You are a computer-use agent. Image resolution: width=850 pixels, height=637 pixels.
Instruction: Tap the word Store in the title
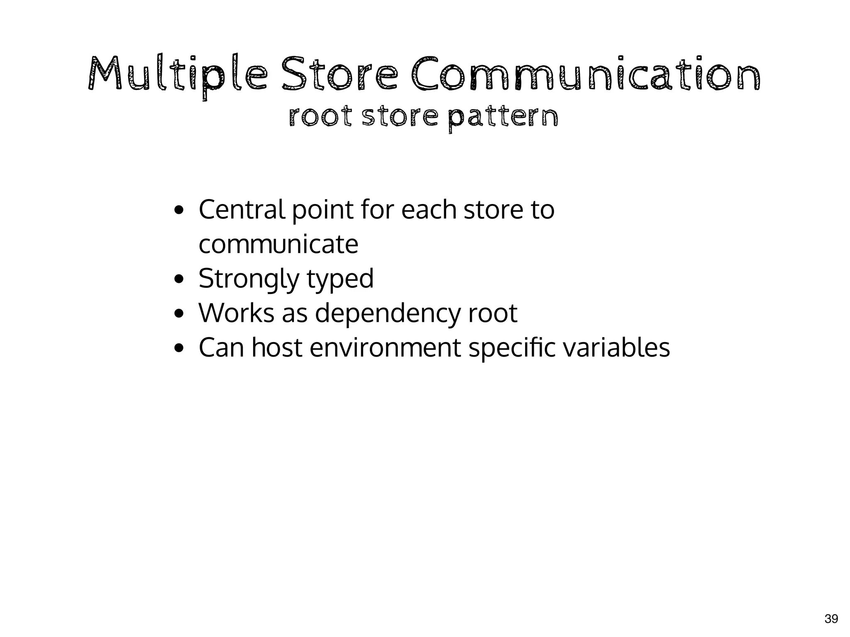339,75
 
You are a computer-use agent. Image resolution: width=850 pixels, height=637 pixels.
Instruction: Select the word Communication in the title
586,75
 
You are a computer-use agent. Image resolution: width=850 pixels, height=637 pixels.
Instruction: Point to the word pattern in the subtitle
503,118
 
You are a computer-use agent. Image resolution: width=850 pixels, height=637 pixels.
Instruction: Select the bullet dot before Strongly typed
179,279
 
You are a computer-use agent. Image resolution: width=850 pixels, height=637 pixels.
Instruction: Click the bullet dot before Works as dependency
179,314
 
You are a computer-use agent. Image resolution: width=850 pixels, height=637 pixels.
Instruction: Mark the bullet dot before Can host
179,348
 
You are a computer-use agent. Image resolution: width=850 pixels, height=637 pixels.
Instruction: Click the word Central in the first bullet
242,209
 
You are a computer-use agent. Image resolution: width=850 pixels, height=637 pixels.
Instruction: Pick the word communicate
278,244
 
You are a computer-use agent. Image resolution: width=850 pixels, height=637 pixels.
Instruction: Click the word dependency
387,314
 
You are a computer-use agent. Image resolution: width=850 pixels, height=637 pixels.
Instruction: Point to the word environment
385,348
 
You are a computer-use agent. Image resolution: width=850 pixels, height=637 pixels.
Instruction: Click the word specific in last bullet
511,348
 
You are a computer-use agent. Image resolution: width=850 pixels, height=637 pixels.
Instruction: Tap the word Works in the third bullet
236,313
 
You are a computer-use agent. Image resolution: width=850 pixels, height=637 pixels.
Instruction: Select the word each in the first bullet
428,209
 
